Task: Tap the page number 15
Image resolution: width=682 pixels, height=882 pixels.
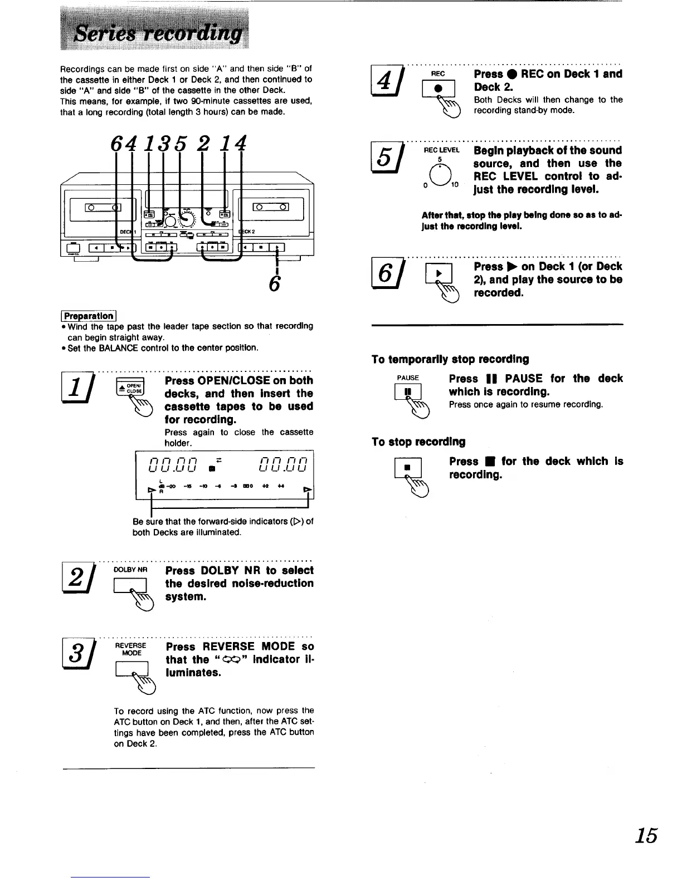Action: tap(646, 836)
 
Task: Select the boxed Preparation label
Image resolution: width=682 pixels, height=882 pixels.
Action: tap(89, 315)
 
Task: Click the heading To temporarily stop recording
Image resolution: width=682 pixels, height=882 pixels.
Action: tap(450, 359)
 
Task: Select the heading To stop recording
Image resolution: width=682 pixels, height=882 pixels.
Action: tap(418, 442)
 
